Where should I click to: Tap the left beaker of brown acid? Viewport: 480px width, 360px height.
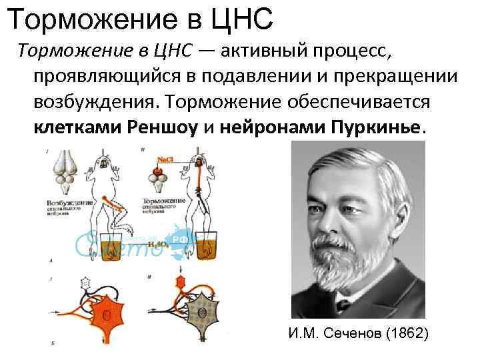point(116,246)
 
